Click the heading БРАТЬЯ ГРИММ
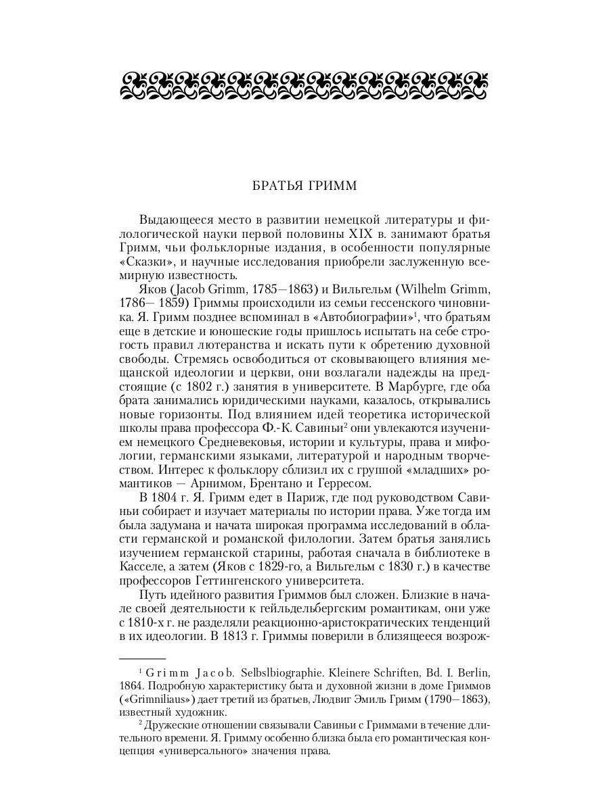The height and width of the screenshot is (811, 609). [x=304, y=186]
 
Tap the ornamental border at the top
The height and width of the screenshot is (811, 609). [x=304, y=85]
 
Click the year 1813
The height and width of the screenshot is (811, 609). [x=239, y=636]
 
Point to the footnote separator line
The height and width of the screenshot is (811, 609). [x=143, y=658]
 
